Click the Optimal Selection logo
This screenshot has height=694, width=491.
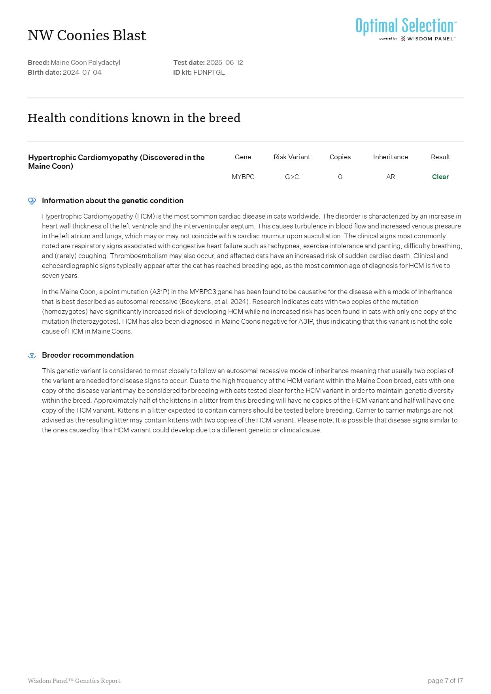406,29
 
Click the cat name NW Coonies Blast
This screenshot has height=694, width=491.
87,36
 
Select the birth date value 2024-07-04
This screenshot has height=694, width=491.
82,72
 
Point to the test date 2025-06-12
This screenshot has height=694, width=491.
225,62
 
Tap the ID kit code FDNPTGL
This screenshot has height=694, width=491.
209,72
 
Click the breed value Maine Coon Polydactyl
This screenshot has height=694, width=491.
85,62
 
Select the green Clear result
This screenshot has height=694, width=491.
440,177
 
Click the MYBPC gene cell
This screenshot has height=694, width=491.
243,177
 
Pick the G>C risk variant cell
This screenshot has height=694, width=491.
292,177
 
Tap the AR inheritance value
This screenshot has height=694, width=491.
390,177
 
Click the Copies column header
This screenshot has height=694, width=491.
340,157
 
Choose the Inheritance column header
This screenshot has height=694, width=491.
390,157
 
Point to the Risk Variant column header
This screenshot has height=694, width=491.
292,157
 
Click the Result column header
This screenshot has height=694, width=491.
440,157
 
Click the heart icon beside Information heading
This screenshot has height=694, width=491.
32,201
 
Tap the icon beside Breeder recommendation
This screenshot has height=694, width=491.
32,355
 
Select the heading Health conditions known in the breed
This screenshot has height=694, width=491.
134,118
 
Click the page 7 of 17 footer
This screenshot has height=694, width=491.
445,681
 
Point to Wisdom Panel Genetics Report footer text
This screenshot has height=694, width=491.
74,681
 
